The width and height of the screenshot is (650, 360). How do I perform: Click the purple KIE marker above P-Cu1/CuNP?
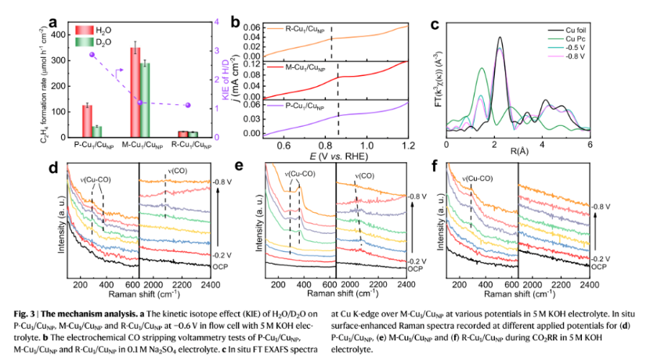point(92,55)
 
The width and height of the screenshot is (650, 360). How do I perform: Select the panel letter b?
point(235,23)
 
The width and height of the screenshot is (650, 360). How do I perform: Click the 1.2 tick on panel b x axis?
point(407,146)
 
